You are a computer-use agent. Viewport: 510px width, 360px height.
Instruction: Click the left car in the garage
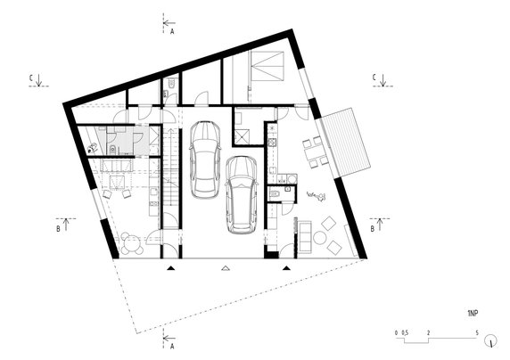coord(204,160)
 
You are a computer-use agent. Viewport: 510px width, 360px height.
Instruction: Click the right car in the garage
coord(242,195)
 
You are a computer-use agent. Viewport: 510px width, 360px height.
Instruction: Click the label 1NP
coord(472,315)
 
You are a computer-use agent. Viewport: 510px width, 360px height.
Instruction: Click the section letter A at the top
coord(171,29)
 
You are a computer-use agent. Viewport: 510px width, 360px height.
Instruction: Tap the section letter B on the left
coord(59,229)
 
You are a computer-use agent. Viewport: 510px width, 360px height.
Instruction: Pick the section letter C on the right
coord(374,78)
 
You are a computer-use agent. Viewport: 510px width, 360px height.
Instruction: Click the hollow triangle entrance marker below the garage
coord(226,266)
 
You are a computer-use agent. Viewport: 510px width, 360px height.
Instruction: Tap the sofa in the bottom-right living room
coord(302,236)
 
